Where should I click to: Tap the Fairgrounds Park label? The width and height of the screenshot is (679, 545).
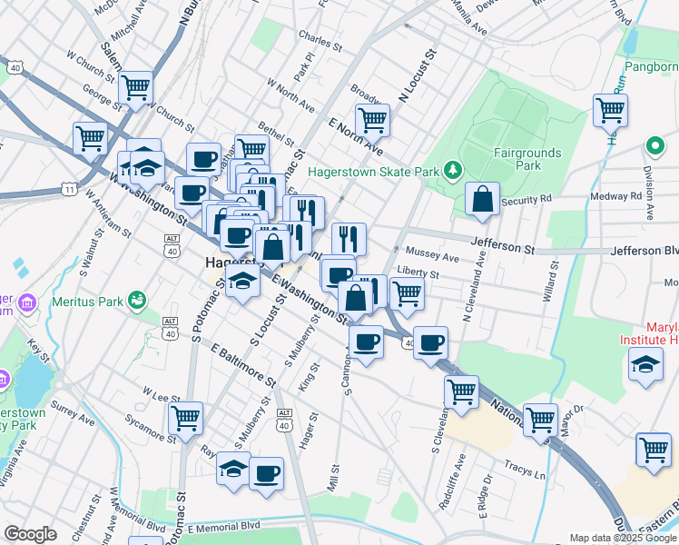point(526,160)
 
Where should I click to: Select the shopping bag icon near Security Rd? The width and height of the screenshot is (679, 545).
point(482,198)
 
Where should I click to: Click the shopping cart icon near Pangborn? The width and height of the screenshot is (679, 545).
point(610,110)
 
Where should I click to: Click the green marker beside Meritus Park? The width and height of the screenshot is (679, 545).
point(137,298)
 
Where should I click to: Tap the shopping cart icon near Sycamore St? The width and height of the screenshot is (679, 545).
point(185,418)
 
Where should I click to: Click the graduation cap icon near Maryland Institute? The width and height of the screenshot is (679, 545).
point(645,365)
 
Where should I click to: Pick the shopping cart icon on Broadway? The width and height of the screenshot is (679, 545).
point(372,119)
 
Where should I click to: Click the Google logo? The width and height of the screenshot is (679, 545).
point(31,534)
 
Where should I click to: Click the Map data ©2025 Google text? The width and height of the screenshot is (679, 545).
point(623,538)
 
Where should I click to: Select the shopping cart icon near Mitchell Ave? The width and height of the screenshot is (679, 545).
point(136,87)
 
